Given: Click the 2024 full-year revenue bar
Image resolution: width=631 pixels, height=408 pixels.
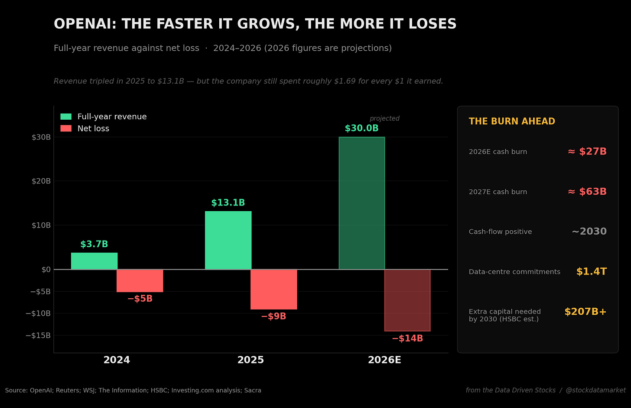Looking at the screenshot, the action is [94, 261].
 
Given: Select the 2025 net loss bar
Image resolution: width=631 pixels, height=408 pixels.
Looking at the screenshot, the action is [274, 289].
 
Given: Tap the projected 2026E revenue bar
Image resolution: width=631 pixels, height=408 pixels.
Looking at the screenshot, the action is [362, 203].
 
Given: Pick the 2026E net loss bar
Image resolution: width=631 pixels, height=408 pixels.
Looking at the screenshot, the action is [407, 300].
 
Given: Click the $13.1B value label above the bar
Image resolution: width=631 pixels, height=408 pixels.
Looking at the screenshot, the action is [228, 202].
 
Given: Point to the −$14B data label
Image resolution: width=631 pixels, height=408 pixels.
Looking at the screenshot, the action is [407, 338].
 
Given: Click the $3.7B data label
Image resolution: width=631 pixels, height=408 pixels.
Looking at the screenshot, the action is [94, 244].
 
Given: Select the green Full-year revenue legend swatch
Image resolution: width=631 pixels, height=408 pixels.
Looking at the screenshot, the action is [66, 117].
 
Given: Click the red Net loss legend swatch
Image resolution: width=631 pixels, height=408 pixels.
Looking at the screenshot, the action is [66, 128].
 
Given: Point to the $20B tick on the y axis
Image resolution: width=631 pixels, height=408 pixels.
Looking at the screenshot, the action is [41, 181].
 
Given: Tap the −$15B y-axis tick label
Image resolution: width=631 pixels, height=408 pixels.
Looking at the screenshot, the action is [38, 335].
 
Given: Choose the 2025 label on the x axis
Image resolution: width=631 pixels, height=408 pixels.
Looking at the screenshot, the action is [250, 360].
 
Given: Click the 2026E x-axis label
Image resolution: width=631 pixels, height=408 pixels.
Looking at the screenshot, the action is [384, 360].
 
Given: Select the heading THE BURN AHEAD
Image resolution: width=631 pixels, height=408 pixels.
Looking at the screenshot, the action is [512, 121].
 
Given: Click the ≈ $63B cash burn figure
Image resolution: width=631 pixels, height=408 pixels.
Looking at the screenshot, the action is [587, 192].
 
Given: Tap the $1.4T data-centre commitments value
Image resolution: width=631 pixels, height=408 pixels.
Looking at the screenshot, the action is [591, 271].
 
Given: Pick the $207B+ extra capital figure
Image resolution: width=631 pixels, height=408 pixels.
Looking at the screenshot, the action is [585, 311].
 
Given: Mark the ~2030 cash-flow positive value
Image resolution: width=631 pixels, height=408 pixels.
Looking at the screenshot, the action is [589, 232].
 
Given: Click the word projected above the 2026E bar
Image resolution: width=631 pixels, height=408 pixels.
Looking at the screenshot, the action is [384, 118].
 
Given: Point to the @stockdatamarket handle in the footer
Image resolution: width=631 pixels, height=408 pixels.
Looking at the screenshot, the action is [595, 390].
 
